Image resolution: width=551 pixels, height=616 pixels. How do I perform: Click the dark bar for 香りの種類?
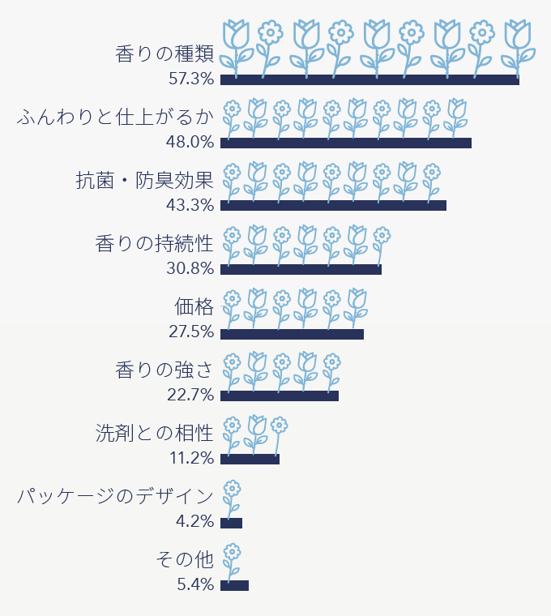(x=369, y=79)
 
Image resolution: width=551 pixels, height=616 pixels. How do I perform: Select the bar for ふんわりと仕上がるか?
(x=346, y=143)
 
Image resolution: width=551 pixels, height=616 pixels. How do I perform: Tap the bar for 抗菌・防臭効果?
(x=333, y=206)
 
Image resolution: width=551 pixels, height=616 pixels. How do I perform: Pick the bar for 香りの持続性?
(x=301, y=269)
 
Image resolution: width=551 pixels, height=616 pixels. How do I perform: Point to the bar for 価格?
(x=292, y=332)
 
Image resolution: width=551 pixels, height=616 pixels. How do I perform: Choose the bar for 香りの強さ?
(x=280, y=396)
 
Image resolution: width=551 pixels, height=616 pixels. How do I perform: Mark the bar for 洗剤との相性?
(x=250, y=459)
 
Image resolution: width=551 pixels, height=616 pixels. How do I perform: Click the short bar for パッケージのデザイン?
(x=231, y=522)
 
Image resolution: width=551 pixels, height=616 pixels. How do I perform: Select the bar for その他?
(x=234, y=585)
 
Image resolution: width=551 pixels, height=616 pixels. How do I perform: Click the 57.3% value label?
(x=191, y=79)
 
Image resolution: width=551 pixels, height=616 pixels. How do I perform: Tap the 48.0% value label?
(x=191, y=143)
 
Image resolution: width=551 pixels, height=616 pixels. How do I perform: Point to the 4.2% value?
(x=195, y=522)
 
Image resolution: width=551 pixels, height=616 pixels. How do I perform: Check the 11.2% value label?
(x=192, y=459)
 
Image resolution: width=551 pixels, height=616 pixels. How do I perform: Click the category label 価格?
(x=194, y=307)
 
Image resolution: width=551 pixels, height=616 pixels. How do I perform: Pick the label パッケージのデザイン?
(x=116, y=497)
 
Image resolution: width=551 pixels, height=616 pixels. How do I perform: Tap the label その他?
(x=184, y=560)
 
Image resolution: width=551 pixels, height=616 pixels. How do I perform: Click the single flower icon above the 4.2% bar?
(x=232, y=498)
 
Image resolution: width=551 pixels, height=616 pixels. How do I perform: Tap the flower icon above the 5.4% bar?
(x=232, y=561)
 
